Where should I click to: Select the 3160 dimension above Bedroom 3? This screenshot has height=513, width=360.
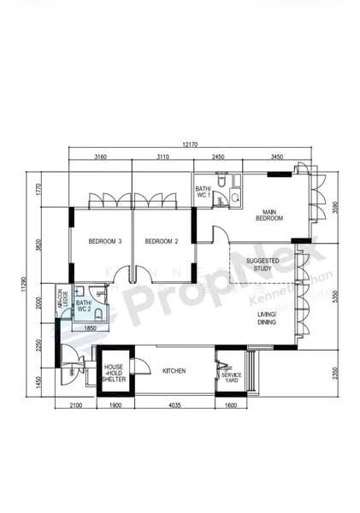pyautogui.click(x=100, y=158)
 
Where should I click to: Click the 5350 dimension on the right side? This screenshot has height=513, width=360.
pyautogui.click(x=339, y=293)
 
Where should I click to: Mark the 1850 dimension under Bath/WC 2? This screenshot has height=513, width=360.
pyautogui.click(x=89, y=328)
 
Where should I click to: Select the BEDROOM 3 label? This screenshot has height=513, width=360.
pyautogui.click(x=105, y=242)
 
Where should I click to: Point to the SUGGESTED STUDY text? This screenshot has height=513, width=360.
pyautogui.click(x=259, y=264)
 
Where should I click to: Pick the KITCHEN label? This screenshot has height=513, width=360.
pyautogui.click(x=174, y=370)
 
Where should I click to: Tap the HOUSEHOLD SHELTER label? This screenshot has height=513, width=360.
pyautogui.click(x=115, y=373)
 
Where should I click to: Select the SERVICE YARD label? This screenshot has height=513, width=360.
pyautogui.click(x=231, y=376)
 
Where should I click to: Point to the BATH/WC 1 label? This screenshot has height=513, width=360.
pyautogui.click(x=203, y=192)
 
